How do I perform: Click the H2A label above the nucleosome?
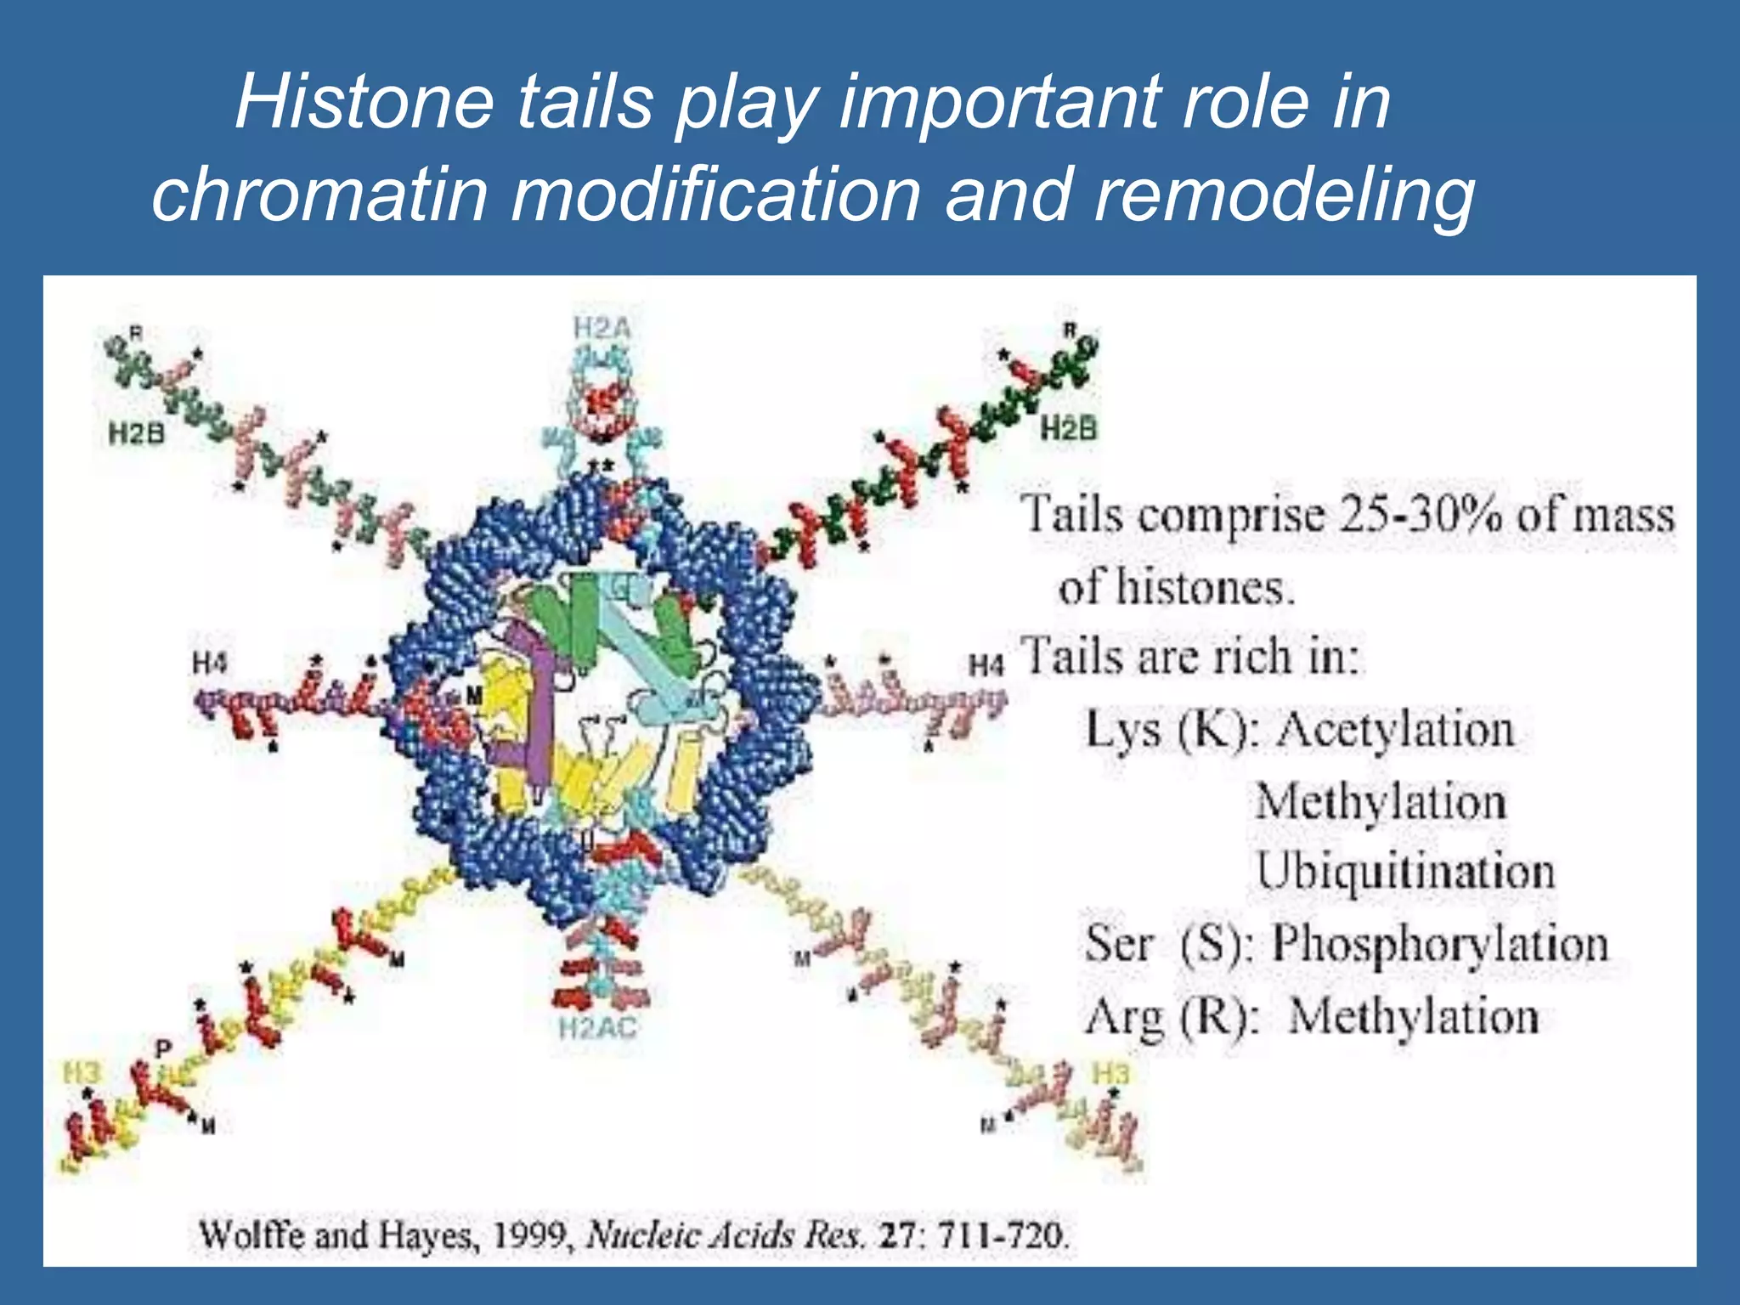pos(602,328)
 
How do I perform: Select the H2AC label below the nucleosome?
pos(597,1029)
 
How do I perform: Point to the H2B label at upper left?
pos(136,434)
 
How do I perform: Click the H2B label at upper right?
pos(1069,428)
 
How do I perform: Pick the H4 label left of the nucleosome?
pos(210,662)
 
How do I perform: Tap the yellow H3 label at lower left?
pos(82,1073)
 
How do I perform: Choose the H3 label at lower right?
pos(1110,1073)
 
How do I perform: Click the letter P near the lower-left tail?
pos(163,1048)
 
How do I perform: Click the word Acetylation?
pos(1395,730)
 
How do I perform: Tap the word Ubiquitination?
pos(1405,872)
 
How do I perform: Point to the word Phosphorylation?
pos(1439,944)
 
